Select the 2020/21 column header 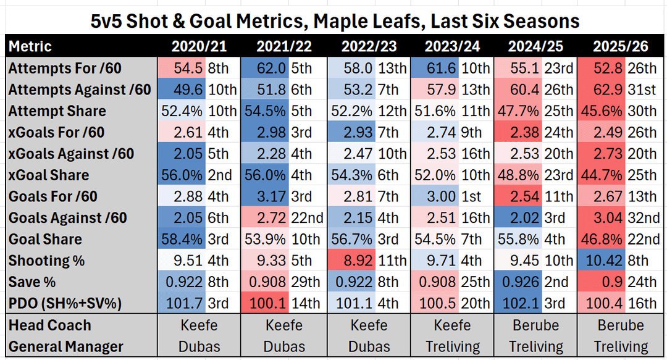point(199,46)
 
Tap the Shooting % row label point(46,261)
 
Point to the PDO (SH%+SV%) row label point(65,304)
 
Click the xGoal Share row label point(49,175)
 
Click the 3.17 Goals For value point(271,197)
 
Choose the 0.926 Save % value point(519,282)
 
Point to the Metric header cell point(30,46)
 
